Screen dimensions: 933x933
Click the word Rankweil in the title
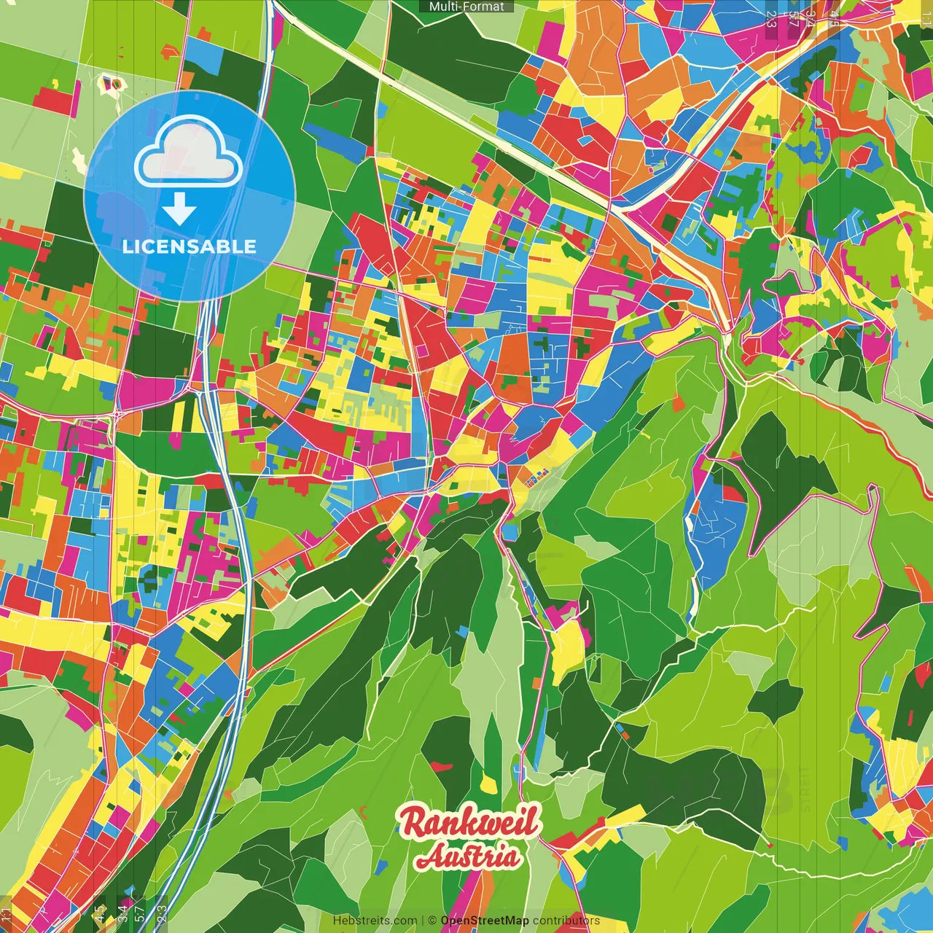[469, 821]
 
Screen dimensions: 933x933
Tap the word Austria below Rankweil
[469, 856]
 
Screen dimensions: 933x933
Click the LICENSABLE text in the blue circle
[190, 246]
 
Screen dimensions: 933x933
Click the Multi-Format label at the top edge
[466, 7]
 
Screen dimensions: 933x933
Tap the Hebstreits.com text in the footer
[375, 921]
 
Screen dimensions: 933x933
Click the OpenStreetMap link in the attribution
[485, 921]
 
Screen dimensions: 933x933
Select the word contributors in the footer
[566, 921]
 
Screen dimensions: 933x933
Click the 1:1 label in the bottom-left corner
[7, 914]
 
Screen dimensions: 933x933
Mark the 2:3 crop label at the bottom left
[162, 913]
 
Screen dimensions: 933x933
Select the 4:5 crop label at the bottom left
[99, 913]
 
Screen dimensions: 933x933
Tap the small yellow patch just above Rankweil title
[490, 784]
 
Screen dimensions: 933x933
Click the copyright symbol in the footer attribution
[432, 921]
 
